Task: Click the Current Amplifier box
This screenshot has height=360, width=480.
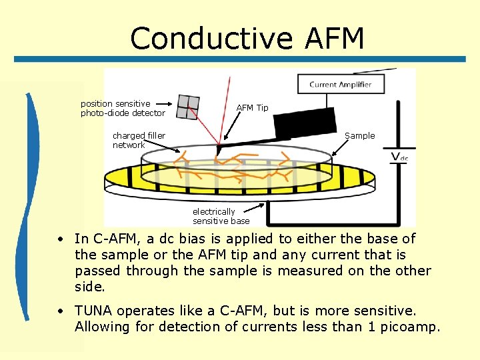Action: click(340, 85)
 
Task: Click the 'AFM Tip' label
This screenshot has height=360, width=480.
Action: click(253, 108)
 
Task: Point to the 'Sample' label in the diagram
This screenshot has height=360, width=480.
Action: click(359, 136)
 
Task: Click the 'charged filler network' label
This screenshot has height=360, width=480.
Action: click(139, 141)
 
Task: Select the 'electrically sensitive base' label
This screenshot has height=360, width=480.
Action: click(221, 216)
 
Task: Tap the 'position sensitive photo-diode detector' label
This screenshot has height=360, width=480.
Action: click(122, 109)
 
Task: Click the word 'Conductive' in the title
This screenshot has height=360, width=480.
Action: click(211, 39)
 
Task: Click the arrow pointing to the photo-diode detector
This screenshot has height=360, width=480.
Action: click(169, 105)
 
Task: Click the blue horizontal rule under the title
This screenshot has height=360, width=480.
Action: click(240, 59)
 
